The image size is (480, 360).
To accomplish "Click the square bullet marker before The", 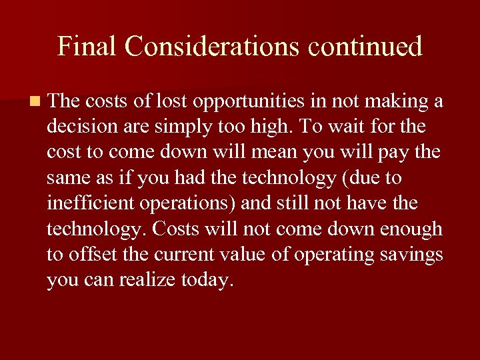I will click(x=35, y=102).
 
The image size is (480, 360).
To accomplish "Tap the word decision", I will click(x=78, y=127).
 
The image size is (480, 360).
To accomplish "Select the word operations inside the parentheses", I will click(x=190, y=204).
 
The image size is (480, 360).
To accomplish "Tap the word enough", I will click(x=411, y=229).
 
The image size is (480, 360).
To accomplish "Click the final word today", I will click(x=207, y=281).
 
